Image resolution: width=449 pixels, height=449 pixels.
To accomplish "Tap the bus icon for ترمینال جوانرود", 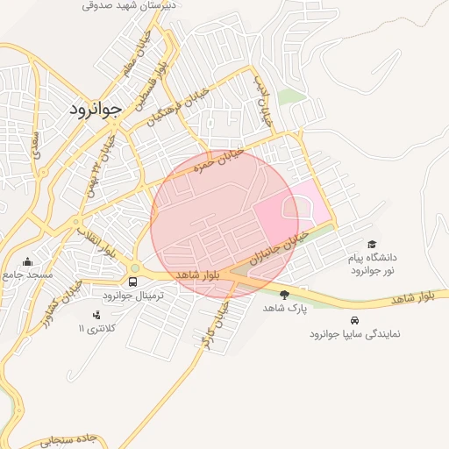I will [x=132, y=282].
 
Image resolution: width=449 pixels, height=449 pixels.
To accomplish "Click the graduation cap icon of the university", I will [x=372, y=245].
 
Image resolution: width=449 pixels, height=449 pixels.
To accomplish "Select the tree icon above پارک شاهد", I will [x=283, y=295].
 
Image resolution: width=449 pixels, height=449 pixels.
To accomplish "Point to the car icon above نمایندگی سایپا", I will [x=354, y=320].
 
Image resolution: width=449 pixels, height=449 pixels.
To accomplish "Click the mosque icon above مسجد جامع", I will [x=28, y=260].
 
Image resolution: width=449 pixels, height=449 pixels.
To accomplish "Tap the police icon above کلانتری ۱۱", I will [x=96, y=314].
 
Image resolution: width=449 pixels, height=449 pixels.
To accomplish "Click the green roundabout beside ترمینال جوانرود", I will [x=134, y=268].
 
